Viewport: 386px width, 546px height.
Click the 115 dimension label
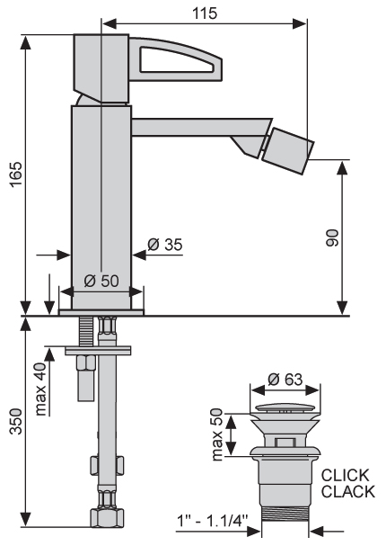[x=205, y=13]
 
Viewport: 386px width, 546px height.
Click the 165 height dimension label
[x=16, y=175]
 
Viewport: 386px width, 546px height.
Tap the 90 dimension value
[x=332, y=238]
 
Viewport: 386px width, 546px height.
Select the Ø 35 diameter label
[x=164, y=244]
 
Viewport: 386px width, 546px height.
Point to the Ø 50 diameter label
[x=101, y=281]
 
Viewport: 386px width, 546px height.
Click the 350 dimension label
[x=16, y=421]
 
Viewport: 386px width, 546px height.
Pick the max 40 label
[x=40, y=389]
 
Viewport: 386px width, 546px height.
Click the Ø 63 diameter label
[x=285, y=380]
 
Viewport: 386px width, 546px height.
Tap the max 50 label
[x=216, y=434]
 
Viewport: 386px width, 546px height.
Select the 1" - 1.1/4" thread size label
[x=213, y=522]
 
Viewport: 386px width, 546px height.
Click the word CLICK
[x=345, y=475]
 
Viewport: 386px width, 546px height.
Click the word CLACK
[x=347, y=492]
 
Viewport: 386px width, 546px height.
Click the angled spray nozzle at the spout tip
[x=287, y=150]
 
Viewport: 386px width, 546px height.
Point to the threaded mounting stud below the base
[x=86, y=331]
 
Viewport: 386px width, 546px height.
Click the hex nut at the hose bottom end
[x=107, y=518]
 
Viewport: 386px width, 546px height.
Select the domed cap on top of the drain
[x=285, y=407]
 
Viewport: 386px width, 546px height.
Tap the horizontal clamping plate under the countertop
[x=98, y=350]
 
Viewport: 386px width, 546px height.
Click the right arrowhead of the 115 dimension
[x=300, y=23]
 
